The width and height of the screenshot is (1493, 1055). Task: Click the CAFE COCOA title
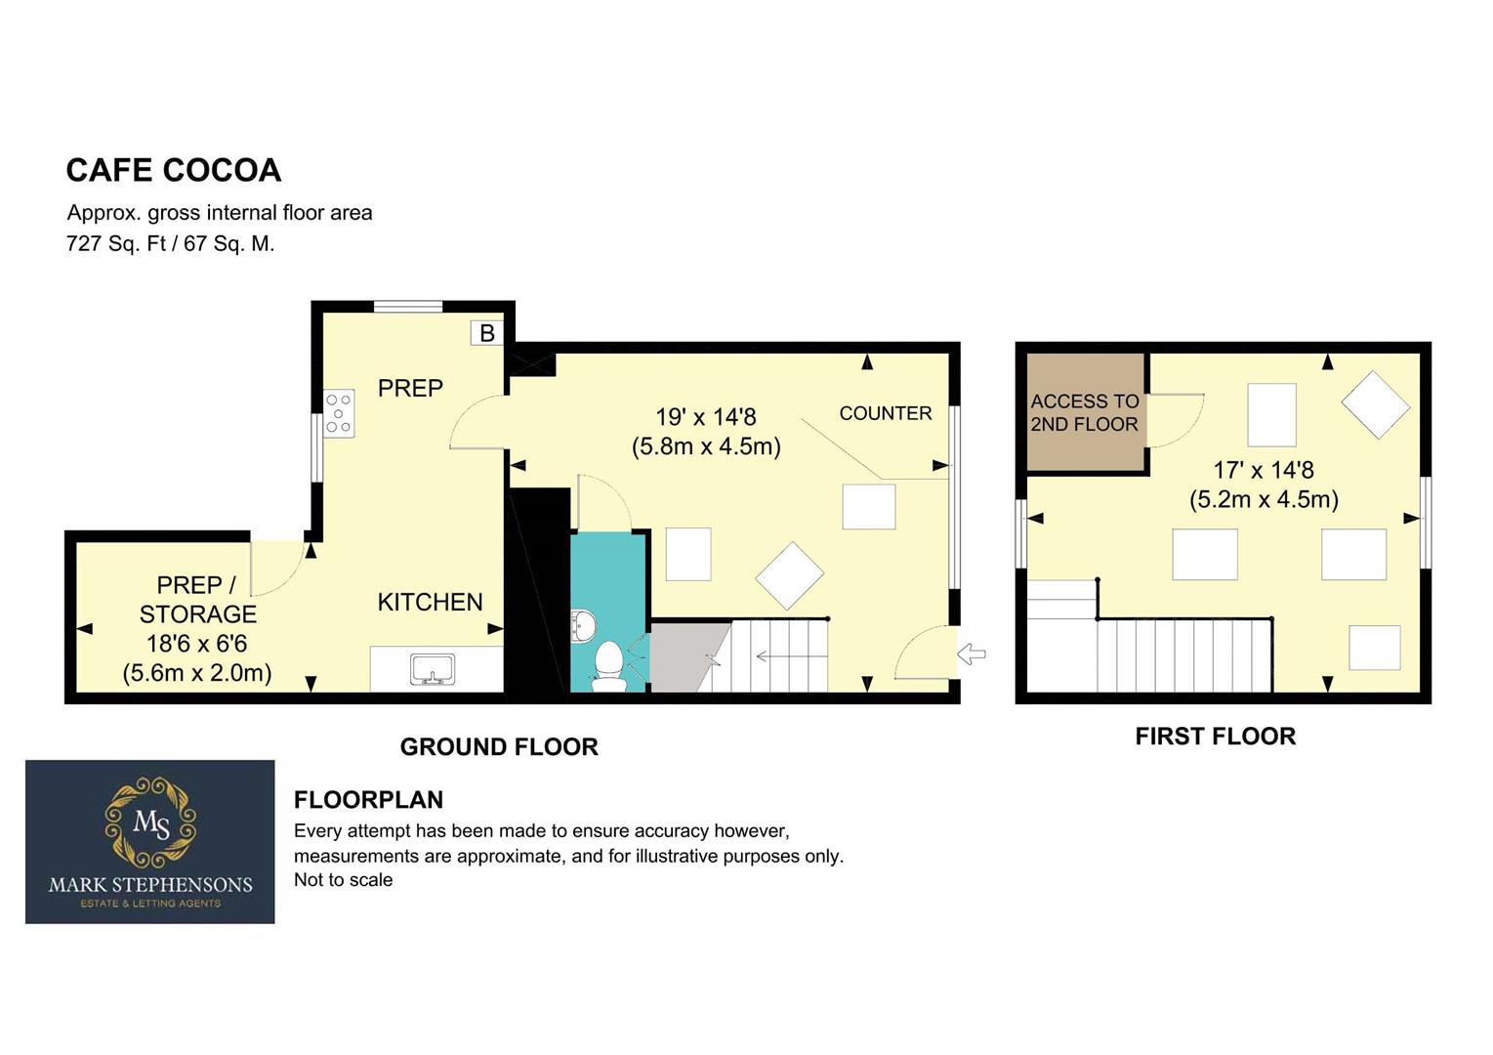click(173, 170)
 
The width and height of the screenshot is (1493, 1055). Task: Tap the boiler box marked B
click(486, 333)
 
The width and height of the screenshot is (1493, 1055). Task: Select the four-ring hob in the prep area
click(339, 413)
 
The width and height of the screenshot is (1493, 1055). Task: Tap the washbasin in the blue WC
click(583, 626)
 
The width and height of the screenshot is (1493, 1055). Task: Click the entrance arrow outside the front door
click(972, 654)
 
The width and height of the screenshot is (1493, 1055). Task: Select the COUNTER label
click(885, 413)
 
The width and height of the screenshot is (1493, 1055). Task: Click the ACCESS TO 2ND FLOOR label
click(1085, 412)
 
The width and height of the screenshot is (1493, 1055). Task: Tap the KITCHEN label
click(430, 602)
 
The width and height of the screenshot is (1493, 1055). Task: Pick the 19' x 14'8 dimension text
click(706, 417)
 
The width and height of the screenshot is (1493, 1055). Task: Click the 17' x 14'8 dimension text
click(1264, 470)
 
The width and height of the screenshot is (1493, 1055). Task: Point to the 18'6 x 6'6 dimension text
click(196, 644)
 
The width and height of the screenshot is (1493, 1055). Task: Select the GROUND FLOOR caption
click(499, 747)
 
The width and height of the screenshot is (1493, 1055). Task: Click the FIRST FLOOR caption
click(1216, 737)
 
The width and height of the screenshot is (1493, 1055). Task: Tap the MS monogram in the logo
click(151, 823)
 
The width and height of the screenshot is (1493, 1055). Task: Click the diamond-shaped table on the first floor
click(1376, 404)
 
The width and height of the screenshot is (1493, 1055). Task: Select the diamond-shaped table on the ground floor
click(789, 576)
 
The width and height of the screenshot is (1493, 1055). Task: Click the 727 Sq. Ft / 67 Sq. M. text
click(171, 244)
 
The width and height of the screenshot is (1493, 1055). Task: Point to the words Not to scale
click(344, 879)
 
